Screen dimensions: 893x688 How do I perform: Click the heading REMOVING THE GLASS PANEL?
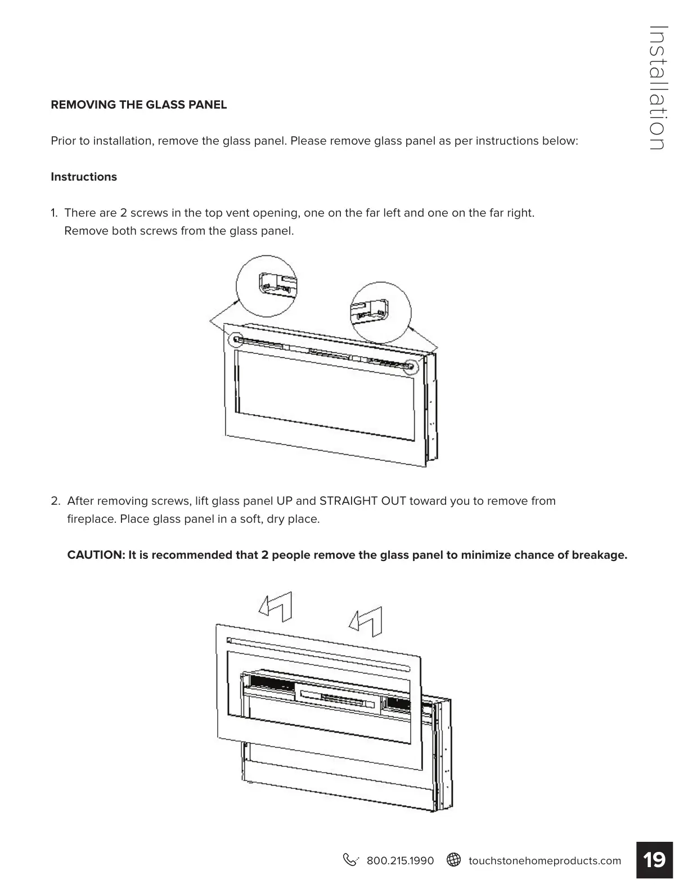138,105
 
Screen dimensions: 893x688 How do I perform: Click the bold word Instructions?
84,177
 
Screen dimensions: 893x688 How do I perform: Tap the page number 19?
654,860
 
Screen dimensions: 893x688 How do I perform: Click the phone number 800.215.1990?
400,860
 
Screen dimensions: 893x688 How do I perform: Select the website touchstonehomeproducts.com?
545,860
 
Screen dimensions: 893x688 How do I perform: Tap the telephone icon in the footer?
350,860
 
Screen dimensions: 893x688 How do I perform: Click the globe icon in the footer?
453,860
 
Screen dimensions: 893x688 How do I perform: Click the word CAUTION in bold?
95,555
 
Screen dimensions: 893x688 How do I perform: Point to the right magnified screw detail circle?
381,313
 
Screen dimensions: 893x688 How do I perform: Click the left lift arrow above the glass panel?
276,606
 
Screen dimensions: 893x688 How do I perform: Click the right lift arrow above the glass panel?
366,621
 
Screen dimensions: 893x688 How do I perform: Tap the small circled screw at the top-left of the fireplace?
235,339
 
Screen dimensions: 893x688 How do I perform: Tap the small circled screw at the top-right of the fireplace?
411,367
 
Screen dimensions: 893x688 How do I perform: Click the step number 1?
54,213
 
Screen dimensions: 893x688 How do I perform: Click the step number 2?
55,501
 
